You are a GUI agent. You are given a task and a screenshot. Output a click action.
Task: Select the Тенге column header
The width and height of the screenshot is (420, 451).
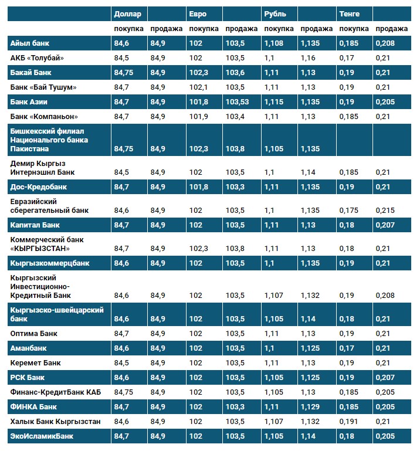tap(349, 13)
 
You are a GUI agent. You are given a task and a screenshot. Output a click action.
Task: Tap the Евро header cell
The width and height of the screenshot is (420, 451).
tap(198, 13)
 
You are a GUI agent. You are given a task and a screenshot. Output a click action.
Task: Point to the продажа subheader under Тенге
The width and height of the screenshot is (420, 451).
tap(391, 29)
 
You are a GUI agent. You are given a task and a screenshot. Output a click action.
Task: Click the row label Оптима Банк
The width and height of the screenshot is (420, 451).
tap(35, 334)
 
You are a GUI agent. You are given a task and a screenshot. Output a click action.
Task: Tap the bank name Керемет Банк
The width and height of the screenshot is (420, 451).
tap(36, 363)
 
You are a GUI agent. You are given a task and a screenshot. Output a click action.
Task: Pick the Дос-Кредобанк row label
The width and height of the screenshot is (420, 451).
tap(39, 187)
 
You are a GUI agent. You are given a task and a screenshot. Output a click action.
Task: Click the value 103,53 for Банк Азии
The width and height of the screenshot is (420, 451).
tap(238, 102)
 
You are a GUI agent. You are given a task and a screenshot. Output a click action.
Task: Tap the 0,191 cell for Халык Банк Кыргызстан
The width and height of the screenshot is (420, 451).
tap(348, 422)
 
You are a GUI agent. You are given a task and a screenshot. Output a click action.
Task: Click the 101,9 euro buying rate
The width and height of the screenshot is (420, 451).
tap(198, 117)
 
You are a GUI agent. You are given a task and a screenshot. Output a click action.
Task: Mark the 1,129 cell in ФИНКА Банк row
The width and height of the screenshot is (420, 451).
tap(310, 407)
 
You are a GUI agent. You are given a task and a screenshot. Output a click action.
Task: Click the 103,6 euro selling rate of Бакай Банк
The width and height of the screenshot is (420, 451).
tap(235, 73)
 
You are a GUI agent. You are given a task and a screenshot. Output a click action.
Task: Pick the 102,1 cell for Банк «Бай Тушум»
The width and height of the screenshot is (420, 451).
tap(198, 87)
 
